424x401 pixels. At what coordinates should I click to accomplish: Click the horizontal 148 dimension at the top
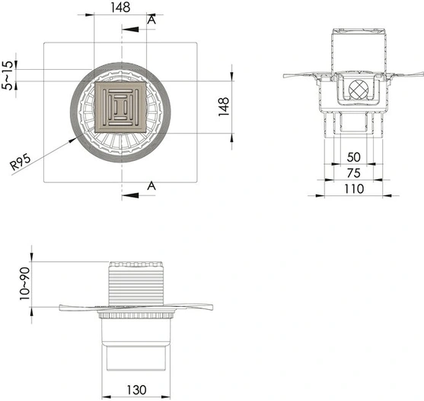point(120,8)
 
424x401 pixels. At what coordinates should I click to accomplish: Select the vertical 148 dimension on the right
point(224,107)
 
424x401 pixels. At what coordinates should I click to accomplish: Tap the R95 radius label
point(21,163)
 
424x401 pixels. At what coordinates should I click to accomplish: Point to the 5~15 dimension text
point(8,75)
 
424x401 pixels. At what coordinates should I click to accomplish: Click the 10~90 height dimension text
point(24,283)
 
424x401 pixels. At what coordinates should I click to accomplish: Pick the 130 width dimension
point(136,390)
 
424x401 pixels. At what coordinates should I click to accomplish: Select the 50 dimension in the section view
point(354,157)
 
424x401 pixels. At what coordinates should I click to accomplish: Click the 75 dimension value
point(354,173)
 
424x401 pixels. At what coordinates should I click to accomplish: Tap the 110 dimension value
point(354,189)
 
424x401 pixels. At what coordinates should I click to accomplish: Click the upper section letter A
point(151,20)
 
